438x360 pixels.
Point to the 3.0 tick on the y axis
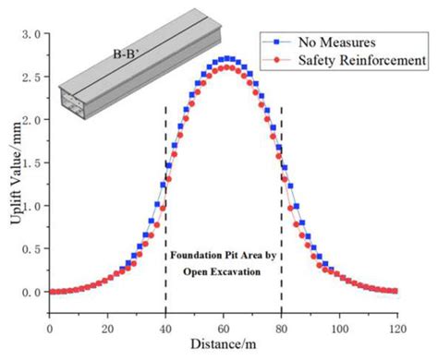pos(31,34)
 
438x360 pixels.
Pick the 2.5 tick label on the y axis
pos(31,77)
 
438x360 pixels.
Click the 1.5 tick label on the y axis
pos(31,162)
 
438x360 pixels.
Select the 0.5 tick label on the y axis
pos(31,248)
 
